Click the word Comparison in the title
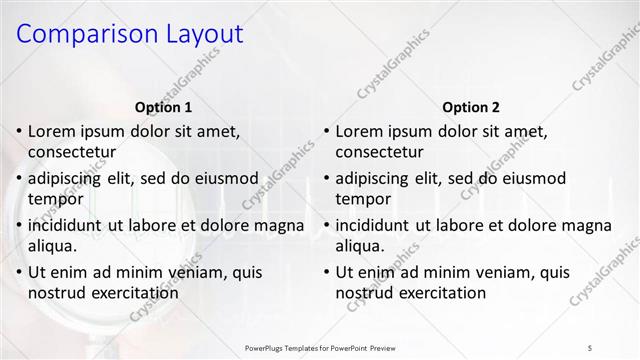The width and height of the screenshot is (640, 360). (82, 34)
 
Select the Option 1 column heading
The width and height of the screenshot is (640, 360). (163, 107)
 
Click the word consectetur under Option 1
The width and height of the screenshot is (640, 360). (72, 152)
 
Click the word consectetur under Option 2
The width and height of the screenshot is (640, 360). (379, 152)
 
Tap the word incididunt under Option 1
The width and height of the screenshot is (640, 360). (70, 225)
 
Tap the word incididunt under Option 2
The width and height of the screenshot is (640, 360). (377, 225)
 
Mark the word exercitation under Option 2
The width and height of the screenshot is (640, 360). (442, 293)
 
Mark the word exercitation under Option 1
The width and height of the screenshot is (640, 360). (135, 293)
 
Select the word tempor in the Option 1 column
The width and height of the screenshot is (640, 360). (55, 199)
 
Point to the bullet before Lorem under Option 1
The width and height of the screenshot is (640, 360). (18, 131)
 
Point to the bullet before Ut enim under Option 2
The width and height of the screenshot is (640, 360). (325, 271)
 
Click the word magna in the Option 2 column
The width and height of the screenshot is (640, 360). (588, 225)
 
